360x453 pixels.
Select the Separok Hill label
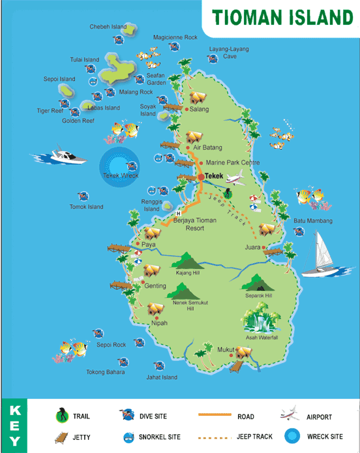(259, 296)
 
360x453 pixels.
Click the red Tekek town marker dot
(200, 176)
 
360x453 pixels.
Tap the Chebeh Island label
(108, 27)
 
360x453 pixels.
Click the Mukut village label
(226, 349)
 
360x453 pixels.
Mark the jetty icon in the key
(61, 437)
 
